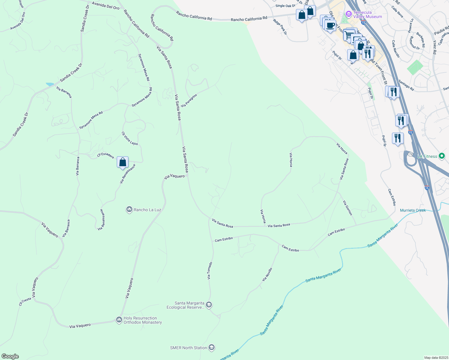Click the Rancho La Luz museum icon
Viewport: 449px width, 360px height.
(129, 209)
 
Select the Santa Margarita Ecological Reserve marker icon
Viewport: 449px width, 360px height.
(209, 305)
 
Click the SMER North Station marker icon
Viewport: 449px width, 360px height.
(212, 348)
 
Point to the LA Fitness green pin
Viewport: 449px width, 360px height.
(441, 156)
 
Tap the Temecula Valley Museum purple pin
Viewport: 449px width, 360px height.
(348, 14)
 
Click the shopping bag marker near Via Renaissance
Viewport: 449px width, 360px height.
(122, 162)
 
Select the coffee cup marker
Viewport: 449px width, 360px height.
(330, 25)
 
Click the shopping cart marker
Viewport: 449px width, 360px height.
(348, 35)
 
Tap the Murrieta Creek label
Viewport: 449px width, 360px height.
(413, 210)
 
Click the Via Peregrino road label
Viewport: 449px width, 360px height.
(189, 100)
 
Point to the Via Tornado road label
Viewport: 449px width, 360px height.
(210, 271)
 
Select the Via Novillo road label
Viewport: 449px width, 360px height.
(267, 274)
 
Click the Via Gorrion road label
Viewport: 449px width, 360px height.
(348, 208)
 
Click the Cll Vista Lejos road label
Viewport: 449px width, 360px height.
(130, 138)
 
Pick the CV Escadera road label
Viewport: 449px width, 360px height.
(105, 155)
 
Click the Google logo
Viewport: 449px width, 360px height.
(10, 356)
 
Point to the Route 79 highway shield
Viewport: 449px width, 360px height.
(410, 154)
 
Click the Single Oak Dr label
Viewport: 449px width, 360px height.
(285, 6)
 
